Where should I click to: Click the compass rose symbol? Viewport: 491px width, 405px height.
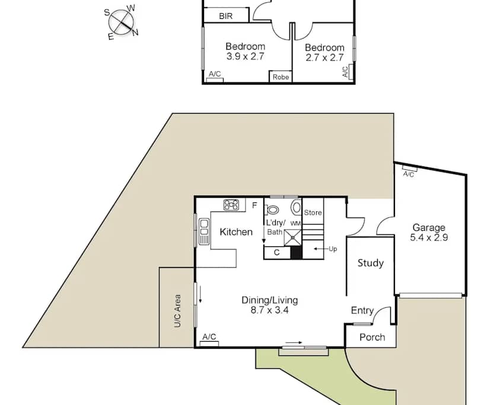[x=121, y=22]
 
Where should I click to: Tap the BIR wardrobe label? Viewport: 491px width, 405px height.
[x=226, y=16]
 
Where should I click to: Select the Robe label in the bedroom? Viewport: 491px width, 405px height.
[x=280, y=77]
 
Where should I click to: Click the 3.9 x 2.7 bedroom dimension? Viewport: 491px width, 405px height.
[x=245, y=57]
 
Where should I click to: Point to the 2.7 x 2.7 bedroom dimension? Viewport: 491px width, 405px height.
[x=325, y=57]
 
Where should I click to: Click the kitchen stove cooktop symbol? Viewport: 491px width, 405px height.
[x=231, y=205]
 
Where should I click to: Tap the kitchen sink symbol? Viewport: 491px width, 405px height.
[x=204, y=232]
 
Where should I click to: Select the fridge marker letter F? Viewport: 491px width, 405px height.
[x=254, y=205]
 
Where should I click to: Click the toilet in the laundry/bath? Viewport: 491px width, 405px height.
[x=272, y=210]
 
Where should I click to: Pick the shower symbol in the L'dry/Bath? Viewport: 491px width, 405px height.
[x=292, y=237]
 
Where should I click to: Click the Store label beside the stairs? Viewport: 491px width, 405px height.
[x=313, y=213]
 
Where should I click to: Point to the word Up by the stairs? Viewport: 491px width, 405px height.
[x=333, y=249]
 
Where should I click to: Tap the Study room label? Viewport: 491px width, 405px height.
[x=371, y=263]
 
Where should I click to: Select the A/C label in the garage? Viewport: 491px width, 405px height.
[x=409, y=174]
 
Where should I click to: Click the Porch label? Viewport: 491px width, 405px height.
[x=372, y=337]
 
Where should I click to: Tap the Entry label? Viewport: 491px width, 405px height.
[x=362, y=310]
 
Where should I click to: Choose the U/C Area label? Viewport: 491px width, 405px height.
[x=177, y=311]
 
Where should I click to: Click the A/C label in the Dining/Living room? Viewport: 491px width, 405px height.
[x=209, y=337]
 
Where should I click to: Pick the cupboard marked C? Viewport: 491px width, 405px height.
[x=277, y=253]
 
